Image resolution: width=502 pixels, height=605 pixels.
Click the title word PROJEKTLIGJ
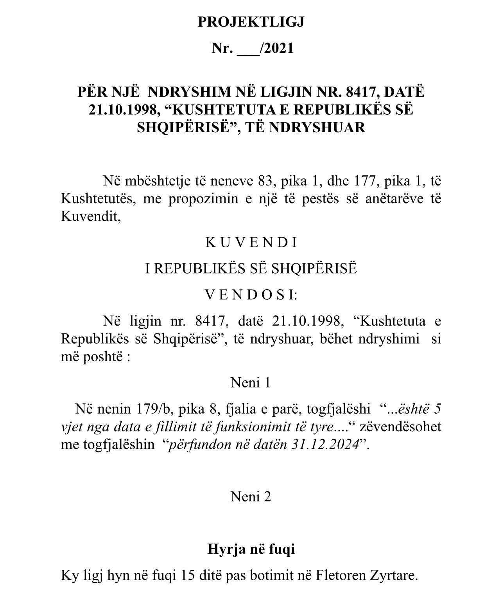(251, 22)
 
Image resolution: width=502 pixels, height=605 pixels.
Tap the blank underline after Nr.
(248, 49)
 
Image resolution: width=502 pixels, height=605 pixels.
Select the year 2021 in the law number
(279, 48)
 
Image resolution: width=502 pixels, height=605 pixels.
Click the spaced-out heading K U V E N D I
(251, 243)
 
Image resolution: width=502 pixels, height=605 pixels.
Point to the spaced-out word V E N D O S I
(251, 295)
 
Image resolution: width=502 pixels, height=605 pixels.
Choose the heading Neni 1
(251, 382)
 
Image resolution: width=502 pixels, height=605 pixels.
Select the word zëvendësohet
(400, 427)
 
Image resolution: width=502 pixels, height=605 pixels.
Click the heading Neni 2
(251, 497)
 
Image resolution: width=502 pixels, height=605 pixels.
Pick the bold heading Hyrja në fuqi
(251, 549)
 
